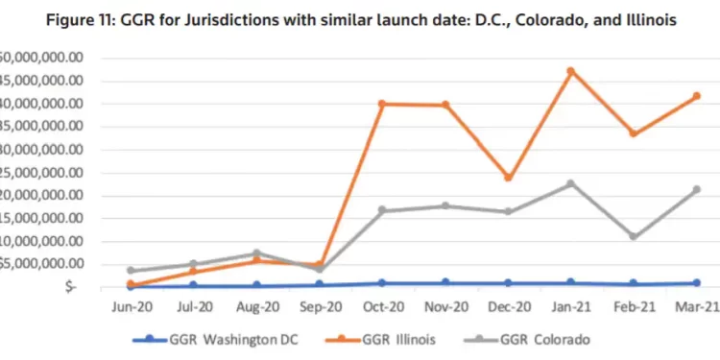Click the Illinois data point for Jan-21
624,71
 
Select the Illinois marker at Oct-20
382,103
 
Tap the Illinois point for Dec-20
508,178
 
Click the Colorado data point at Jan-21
624,183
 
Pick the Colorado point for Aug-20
257,253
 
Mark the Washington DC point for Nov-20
444,282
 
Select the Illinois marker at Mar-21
696,96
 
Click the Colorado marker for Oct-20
382,210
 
